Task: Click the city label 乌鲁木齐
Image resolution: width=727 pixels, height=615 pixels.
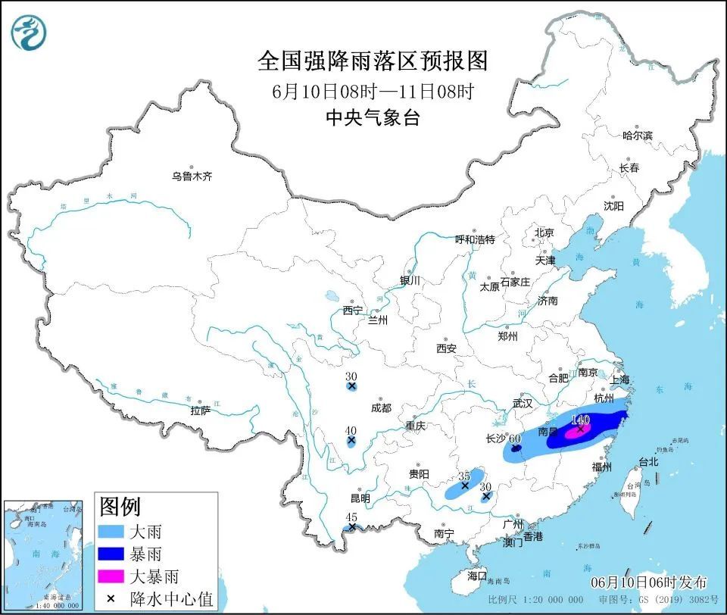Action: pyautogui.click(x=192, y=176)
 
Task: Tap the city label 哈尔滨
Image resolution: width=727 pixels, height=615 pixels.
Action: pyautogui.click(x=637, y=136)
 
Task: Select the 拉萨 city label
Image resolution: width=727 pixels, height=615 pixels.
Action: pyautogui.click(x=201, y=411)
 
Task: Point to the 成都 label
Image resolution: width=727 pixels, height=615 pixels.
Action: pyautogui.click(x=382, y=407)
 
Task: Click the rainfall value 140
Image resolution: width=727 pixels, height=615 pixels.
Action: pyautogui.click(x=581, y=419)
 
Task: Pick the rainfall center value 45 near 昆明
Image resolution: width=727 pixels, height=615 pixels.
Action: pyautogui.click(x=351, y=517)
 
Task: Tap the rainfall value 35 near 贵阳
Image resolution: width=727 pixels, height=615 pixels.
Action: pyautogui.click(x=465, y=476)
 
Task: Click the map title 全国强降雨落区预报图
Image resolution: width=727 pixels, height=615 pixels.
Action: pyautogui.click(x=373, y=60)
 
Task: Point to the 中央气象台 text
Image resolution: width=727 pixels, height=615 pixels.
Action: pyautogui.click(x=373, y=117)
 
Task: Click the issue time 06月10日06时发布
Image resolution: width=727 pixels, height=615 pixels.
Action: pyautogui.click(x=650, y=582)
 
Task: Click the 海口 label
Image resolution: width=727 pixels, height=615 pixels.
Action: pyautogui.click(x=477, y=576)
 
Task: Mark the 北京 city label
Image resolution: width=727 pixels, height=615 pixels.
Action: pyautogui.click(x=544, y=233)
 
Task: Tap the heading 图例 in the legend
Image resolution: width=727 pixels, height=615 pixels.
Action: pyautogui.click(x=120, y=506)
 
